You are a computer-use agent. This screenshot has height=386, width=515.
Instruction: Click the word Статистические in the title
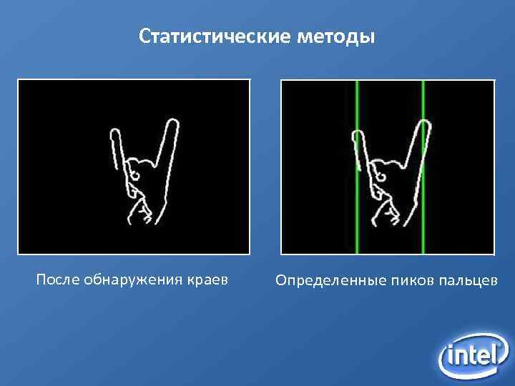(212, 36)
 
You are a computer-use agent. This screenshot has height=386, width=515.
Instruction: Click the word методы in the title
(334, 36)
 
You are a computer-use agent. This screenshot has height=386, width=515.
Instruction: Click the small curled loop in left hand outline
(133, 172)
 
